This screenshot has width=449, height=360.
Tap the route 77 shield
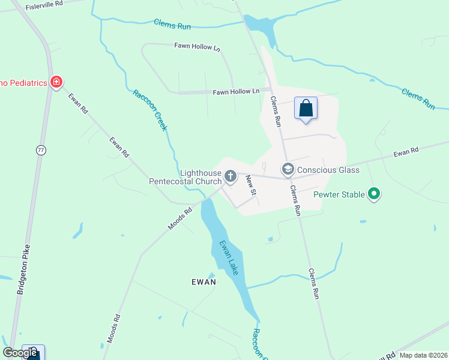pyautogui.click(x=41, y=151)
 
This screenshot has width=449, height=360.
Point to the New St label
pyautogui.click(x=252, y=185)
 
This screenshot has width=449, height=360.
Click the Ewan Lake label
pyautogui.click(x=229, y=257)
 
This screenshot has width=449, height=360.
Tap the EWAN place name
pyautogui.click(x=203, y=281)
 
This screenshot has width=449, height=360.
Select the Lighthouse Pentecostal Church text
pyautogui.click(x=185, y=176)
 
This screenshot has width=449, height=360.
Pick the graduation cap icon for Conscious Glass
pyautogui.click(x=288, y=170)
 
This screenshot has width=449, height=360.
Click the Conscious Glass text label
pyautogui.click(x=328, y=170)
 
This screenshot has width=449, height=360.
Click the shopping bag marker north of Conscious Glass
pyautogui.click(x=306, y=109)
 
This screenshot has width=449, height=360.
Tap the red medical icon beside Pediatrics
pyautogui.click(x=56, y=82)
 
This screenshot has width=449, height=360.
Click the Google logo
pyautogui.click(x=20, y=353)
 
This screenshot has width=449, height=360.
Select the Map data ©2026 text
pyautogui.click(x=423, y=355)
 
